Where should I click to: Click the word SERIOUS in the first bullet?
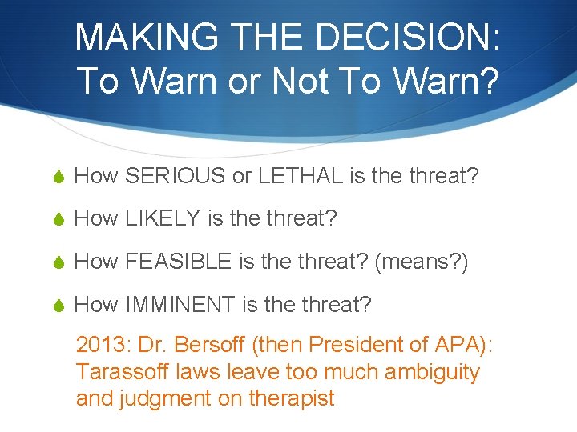coord(176,176)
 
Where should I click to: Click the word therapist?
coord(292,398)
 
